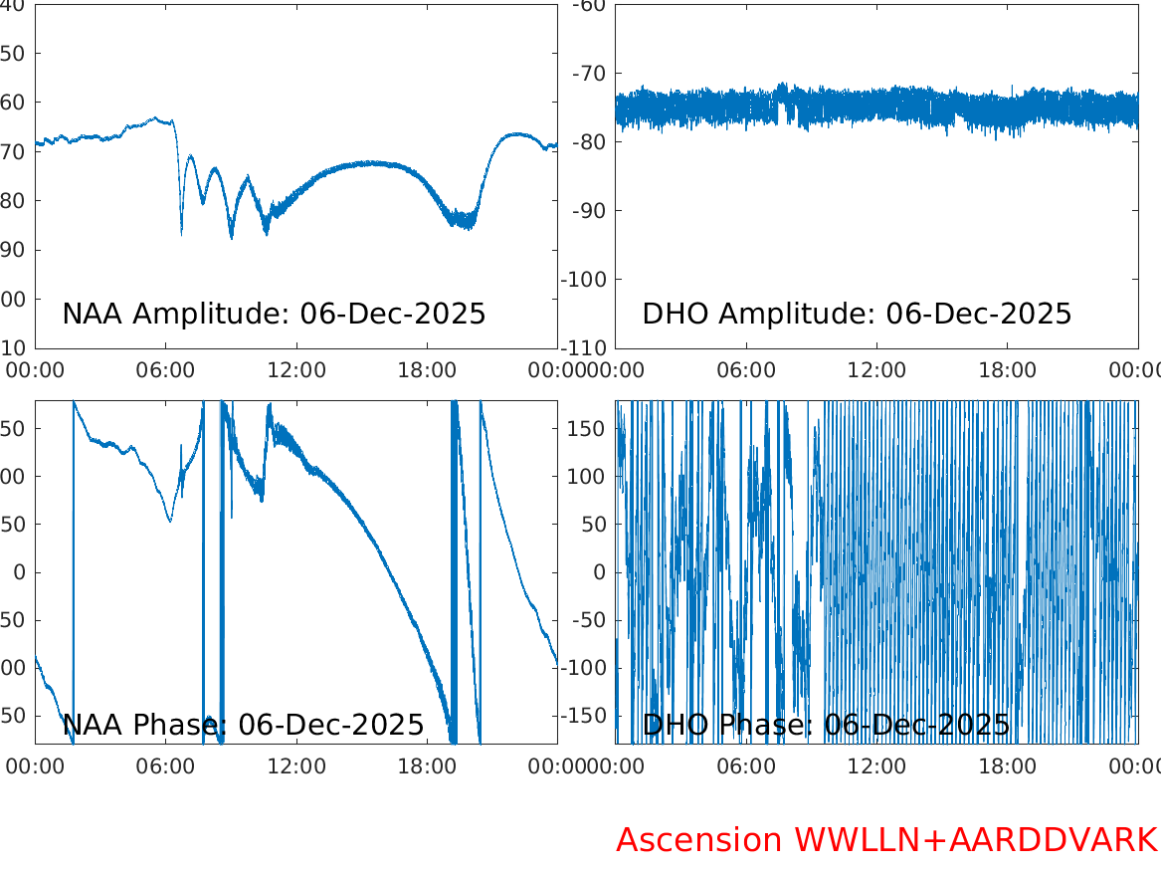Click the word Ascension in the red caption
click(x=699, y=840)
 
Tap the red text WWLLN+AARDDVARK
click(x=975, y=840)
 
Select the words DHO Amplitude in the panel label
click(x=755, y=314)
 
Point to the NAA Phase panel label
click(x=243, y=725)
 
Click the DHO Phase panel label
click(x=826, y=725)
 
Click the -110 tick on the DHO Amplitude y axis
click(x=586, y=347)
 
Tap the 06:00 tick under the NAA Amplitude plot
click(x=165, y=370)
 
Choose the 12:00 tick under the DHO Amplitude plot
click(x=876, y=370)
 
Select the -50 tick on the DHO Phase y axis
click(x=591, y=620)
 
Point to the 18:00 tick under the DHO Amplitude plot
click(x=1007, y=370)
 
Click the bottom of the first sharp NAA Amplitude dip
click(x=181, y=234)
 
